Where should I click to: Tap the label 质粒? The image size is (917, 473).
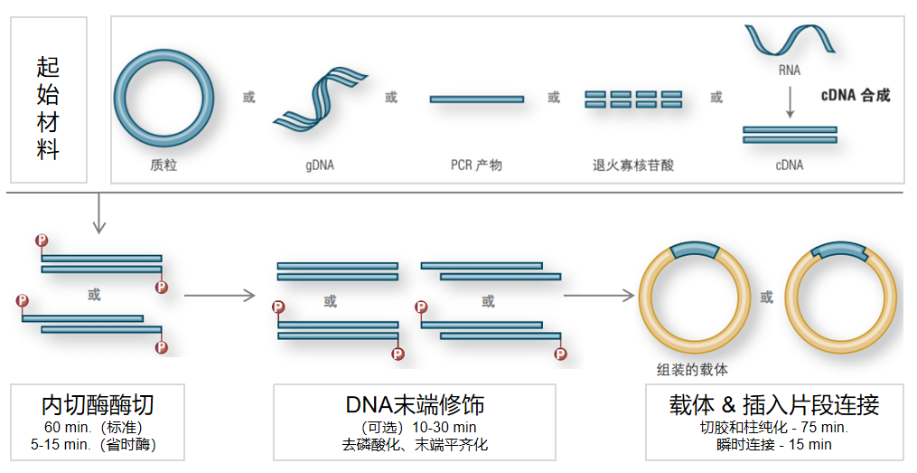tap(164, 166)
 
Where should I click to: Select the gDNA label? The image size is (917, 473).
tap(319, 166)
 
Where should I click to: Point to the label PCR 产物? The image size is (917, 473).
tap(476, 166)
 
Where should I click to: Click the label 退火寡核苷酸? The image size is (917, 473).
tap(632, 166)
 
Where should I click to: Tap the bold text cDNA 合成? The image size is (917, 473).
tap(856, 95)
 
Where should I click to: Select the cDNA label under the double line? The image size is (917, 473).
tap(789, 166)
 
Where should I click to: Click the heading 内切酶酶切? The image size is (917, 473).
tap(98, 404)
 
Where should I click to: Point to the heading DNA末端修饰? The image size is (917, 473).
tap(415, 404)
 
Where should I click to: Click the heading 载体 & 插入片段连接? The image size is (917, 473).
tap(774, 404)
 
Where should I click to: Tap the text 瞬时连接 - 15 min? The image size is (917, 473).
tap(774, 444)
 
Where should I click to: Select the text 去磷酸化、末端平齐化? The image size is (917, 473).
tap(415, 444)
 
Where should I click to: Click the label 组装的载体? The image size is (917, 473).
tap(692, 369)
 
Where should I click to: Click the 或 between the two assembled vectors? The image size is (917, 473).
tap(767, 297)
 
